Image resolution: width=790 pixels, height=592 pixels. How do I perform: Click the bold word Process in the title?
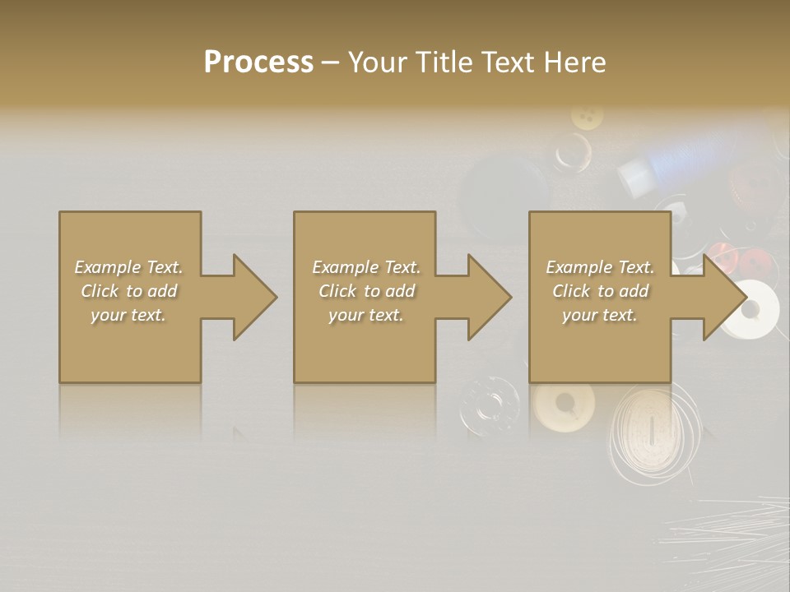tap(258, 62)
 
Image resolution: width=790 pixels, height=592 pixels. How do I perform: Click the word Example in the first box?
tap(108, 267)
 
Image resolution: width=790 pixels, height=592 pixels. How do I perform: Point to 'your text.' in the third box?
tap(600, 315)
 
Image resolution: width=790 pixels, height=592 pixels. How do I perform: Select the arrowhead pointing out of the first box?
tap(253, 297)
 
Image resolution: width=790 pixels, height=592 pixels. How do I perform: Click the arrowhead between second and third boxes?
tap(488, 297)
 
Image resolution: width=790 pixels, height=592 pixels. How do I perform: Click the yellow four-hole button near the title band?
tap(587, 116)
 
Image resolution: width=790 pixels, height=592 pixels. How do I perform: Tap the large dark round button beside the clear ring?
tap(498, 193)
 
